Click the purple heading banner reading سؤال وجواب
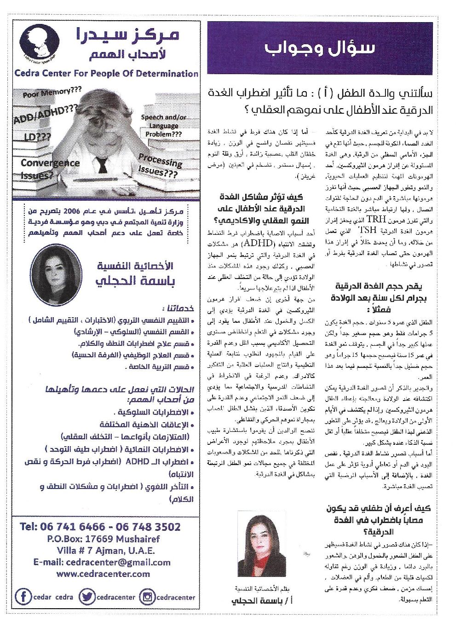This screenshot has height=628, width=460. [320, 48]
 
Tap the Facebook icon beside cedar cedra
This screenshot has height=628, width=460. [23, 597]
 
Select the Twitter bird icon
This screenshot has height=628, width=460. [86, 597]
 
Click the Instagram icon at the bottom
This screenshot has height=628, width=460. [147, 597]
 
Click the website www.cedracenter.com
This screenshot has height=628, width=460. [103, 574]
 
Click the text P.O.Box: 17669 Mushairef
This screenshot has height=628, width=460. [103, 539]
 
